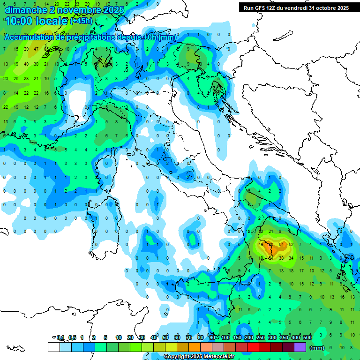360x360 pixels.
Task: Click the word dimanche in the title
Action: [x=24, y=10]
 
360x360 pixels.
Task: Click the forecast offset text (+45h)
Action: [x=81, y=21]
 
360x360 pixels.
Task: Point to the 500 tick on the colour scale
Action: [x=307, y=338]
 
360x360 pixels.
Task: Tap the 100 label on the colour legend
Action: [x=225, y=338]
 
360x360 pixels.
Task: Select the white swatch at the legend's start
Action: [x=53, y=347]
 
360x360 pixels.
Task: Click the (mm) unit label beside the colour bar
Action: [x=317, y=348]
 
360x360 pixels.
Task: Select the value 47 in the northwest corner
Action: [x=36, y=49]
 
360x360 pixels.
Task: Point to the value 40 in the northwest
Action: [x=26, y=64]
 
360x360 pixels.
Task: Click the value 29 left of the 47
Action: [x=26, y=49]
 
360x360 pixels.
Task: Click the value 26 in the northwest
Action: [x=16, y=79]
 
